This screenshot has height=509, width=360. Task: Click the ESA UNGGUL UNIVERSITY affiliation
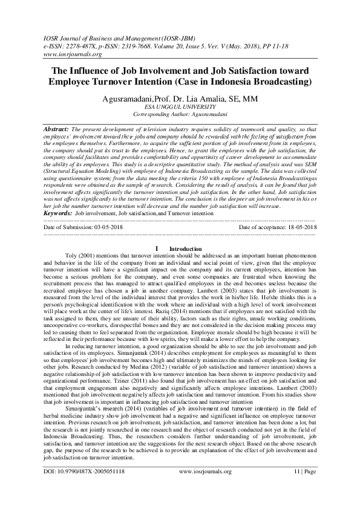[x=180, y=106]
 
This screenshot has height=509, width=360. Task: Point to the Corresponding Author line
[x=180, y=114]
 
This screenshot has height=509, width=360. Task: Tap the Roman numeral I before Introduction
[x=157, y=248]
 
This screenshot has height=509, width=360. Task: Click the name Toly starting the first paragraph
[x=88, y=257]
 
